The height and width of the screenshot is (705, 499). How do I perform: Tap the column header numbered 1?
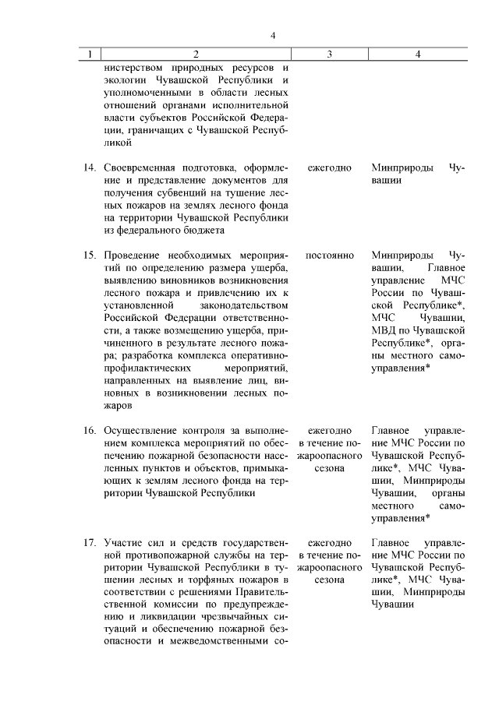coord(90,54)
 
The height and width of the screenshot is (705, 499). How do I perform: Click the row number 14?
coord(90,168)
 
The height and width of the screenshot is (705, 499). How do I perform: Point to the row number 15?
coord(90,256)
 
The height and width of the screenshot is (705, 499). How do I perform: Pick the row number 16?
coord(90,431)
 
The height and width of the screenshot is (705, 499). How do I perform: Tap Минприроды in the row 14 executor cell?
coord(402,168)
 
